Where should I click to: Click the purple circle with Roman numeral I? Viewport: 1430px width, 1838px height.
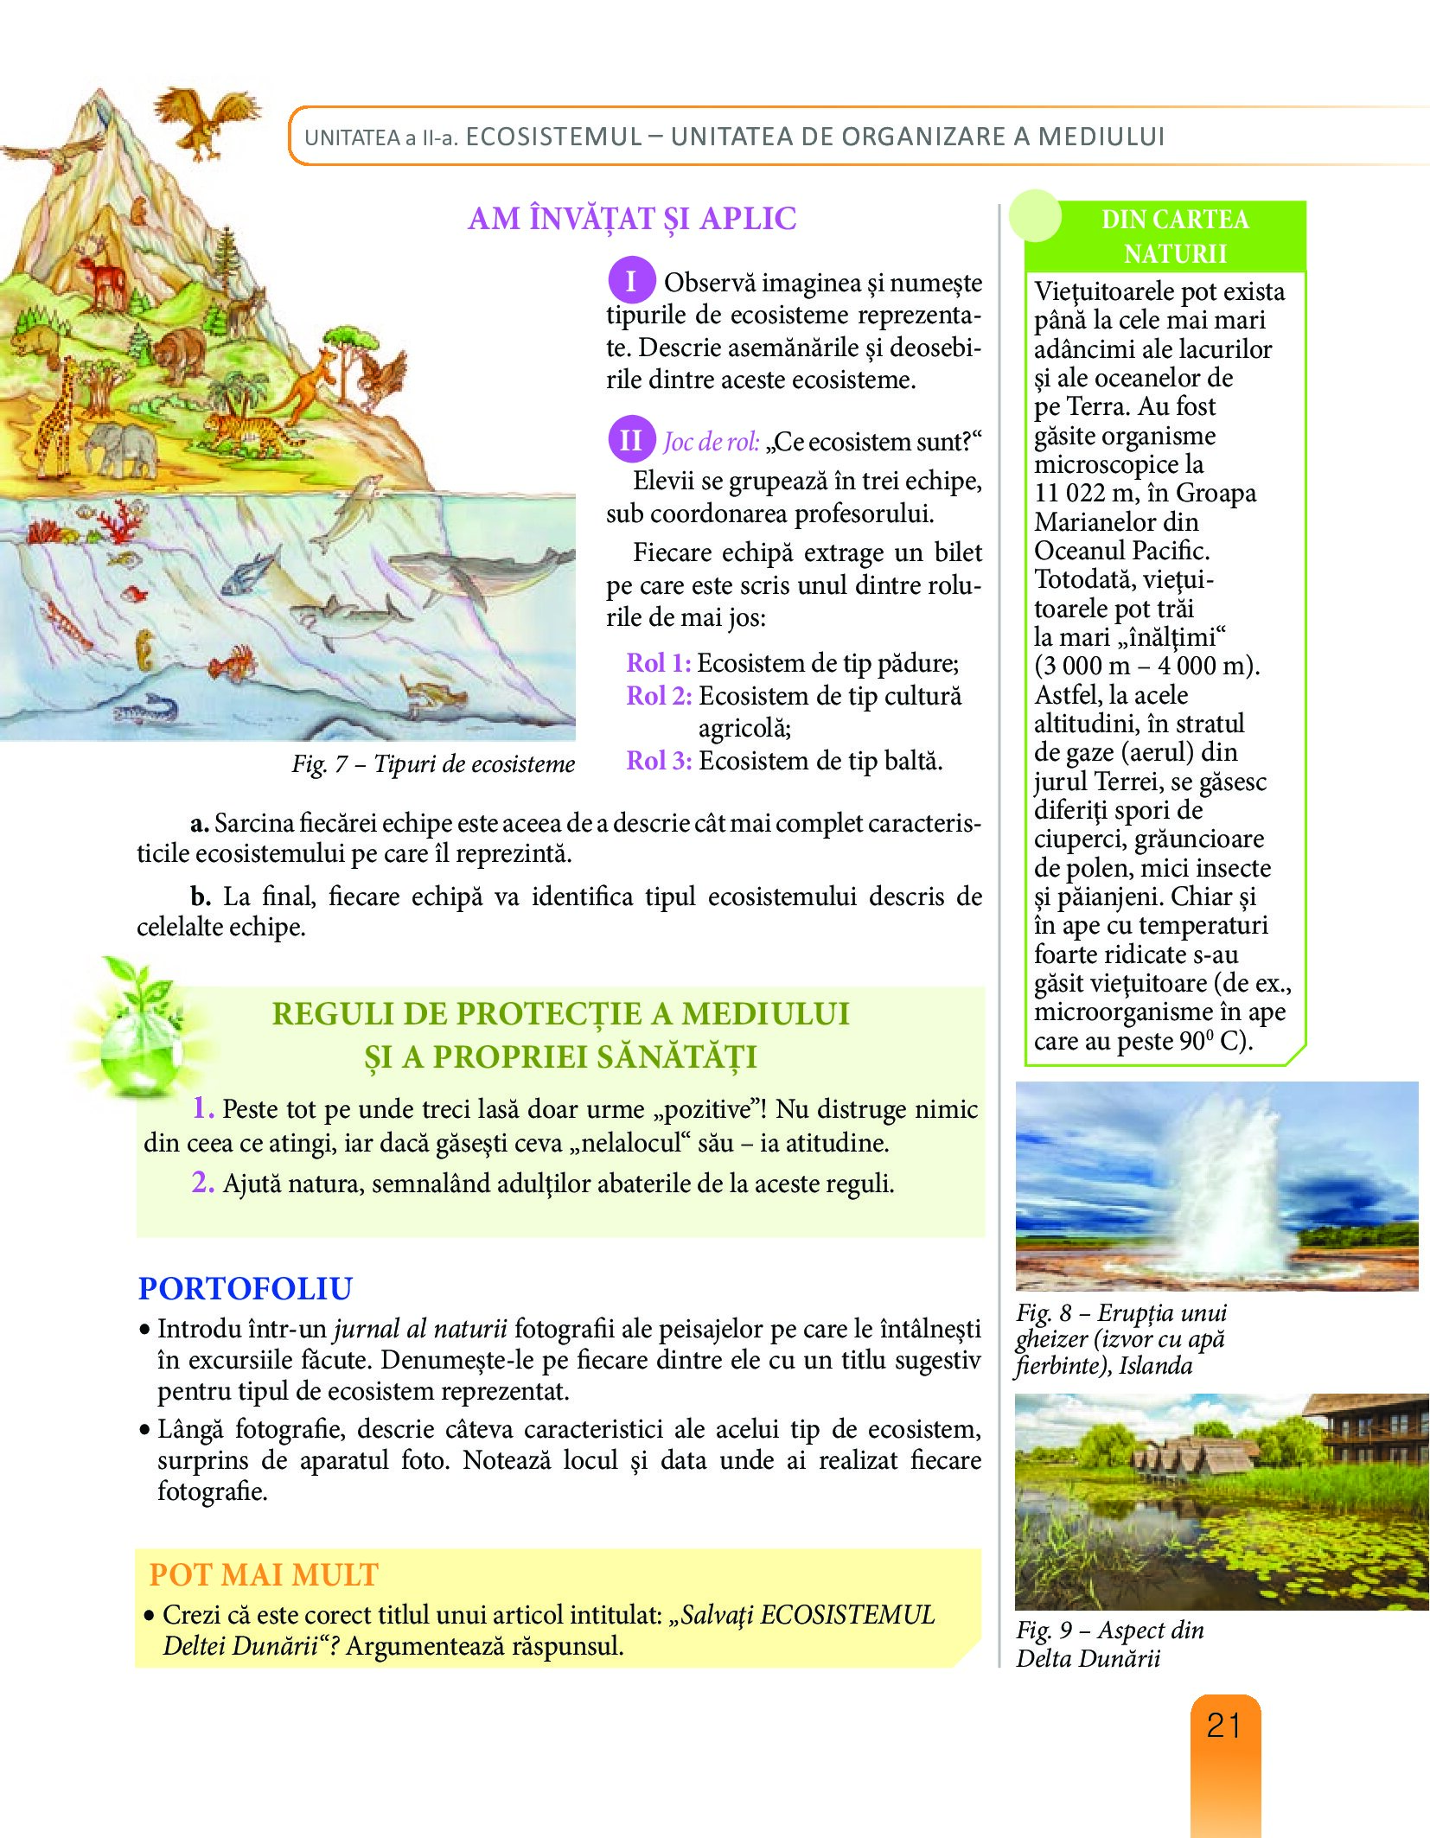pyautogui.click(x=630, y=281)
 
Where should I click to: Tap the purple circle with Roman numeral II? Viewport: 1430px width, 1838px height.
pyautogui.click(x=630, y=440)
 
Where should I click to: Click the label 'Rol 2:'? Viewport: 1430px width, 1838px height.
pyautogui.click(x=659, y=696)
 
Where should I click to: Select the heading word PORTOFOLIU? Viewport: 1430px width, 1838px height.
pyautogui.click(x=246, y=1288)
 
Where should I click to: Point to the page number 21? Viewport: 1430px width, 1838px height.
pyautogui.click(x=1224, y=1726)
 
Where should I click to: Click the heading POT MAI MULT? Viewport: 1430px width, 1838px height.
pyautogui.click(x=264, y=1574)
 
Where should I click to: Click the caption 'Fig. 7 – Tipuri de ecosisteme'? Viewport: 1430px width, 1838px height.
pyautogui.click(x=433, y=764)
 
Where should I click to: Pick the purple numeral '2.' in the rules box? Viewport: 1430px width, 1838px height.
pyautogui.click(x=203, y=1182)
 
